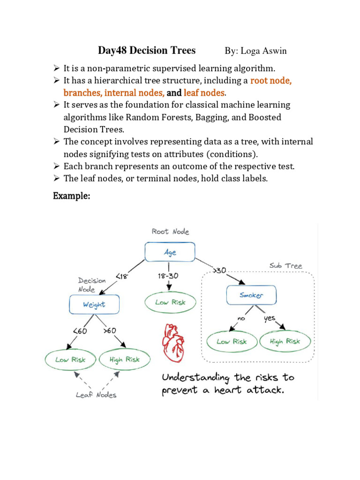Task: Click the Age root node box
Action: click(170, 252)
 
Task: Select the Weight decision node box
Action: click(94, 305)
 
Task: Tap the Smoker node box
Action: click(251, 295)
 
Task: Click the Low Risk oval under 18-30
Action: click(171, 302)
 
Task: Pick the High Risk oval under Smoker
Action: click(285, 341)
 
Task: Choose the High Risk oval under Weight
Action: click(124, 360)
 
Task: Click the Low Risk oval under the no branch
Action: click(232, 341)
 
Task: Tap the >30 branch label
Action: click(219, 270)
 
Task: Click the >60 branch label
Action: click(109, 330)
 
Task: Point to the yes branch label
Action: click(269, 318)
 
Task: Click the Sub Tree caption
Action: click(285, 266)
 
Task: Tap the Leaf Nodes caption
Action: click(96, 395)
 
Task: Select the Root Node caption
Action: click(170, 232)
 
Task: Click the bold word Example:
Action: click(71, 196)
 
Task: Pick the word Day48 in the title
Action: click(113, 50)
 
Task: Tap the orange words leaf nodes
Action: click(204, 93)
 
